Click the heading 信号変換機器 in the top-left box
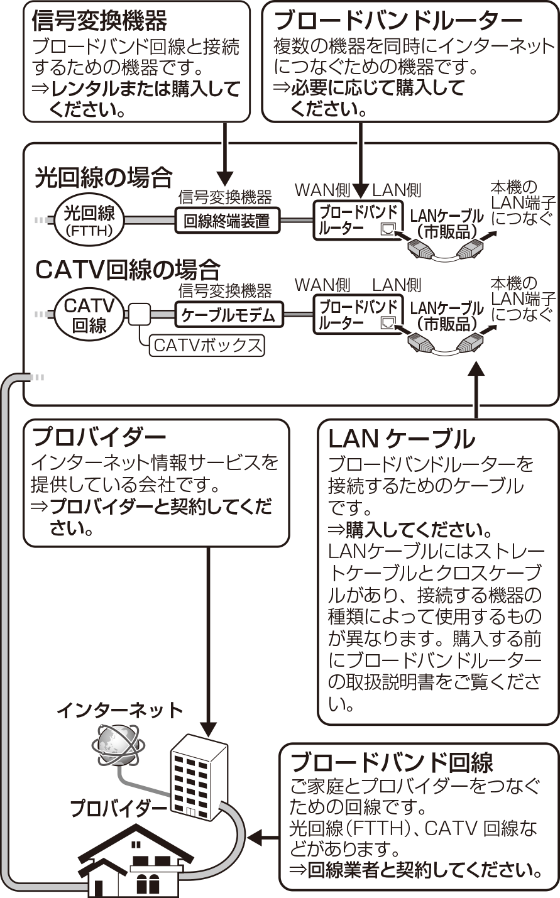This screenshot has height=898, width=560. click(99, 21)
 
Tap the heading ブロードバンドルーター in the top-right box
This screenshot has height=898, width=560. click(398, 21)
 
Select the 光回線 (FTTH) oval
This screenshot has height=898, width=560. click(89, 220)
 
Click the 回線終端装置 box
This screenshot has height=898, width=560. click(228, 220)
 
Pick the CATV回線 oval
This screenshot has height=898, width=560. click(89, 315)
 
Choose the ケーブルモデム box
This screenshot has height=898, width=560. click(229, 315)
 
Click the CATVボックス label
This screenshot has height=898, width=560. click(207, 345)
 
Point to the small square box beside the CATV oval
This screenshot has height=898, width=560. click(140, 314)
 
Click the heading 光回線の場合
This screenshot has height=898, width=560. click(104, 178)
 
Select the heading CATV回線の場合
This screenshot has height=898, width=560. click(128, 270)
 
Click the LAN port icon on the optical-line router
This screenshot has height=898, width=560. click(387, 229)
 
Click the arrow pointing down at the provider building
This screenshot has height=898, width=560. click(208, 642)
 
